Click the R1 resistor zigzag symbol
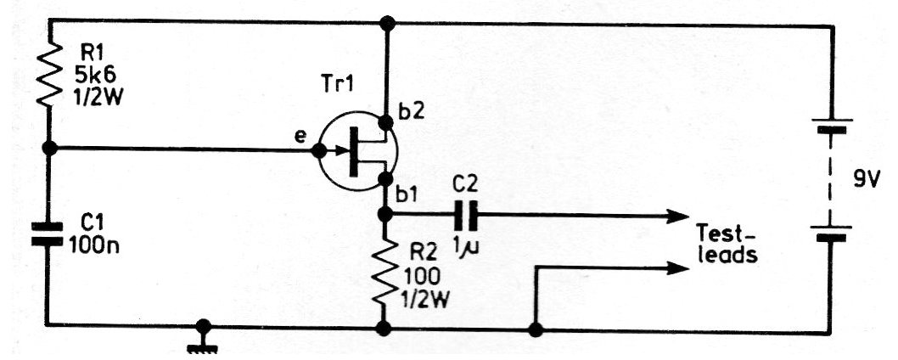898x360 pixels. [x=49, y=74]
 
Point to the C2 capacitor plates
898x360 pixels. [x=468, y=216]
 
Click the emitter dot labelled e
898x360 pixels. [x=318, y=151]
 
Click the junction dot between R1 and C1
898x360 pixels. [x=50, y=149]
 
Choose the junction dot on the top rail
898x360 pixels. [x=388, y=24]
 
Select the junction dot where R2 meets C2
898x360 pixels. [x=385, y=215]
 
